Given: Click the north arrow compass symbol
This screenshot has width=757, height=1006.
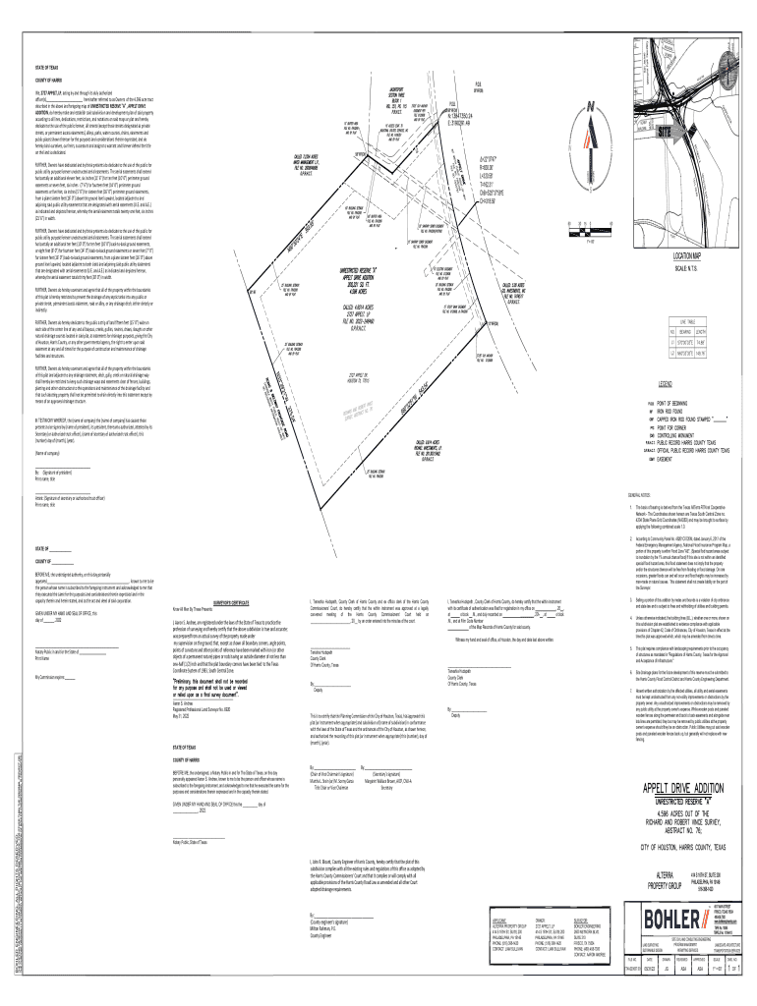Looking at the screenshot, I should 590,114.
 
